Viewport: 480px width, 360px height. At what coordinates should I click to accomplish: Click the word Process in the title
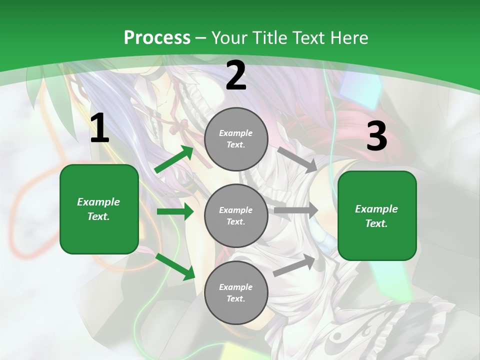click(157, 38)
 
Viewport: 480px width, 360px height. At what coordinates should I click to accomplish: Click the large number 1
click(99, 128)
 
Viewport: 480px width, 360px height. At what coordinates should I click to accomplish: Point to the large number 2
click(236, 76)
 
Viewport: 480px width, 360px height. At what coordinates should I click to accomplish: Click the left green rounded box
click(99, 209)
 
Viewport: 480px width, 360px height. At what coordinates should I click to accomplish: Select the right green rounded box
click(377, 216)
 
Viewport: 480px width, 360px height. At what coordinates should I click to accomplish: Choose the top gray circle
click(236, 139)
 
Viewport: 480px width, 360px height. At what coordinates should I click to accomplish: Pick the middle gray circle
click(236, 215)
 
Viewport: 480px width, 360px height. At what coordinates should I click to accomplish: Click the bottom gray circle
click(236, 292)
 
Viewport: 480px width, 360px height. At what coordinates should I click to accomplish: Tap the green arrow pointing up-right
click(174, 159)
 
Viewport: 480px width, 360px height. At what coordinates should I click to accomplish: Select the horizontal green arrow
click(175, 211)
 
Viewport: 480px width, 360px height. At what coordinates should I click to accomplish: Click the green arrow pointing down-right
click(175, 266)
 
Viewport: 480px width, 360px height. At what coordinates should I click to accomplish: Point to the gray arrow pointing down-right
click(297, 159)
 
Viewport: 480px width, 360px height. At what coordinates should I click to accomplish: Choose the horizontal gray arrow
click(296, 210)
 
